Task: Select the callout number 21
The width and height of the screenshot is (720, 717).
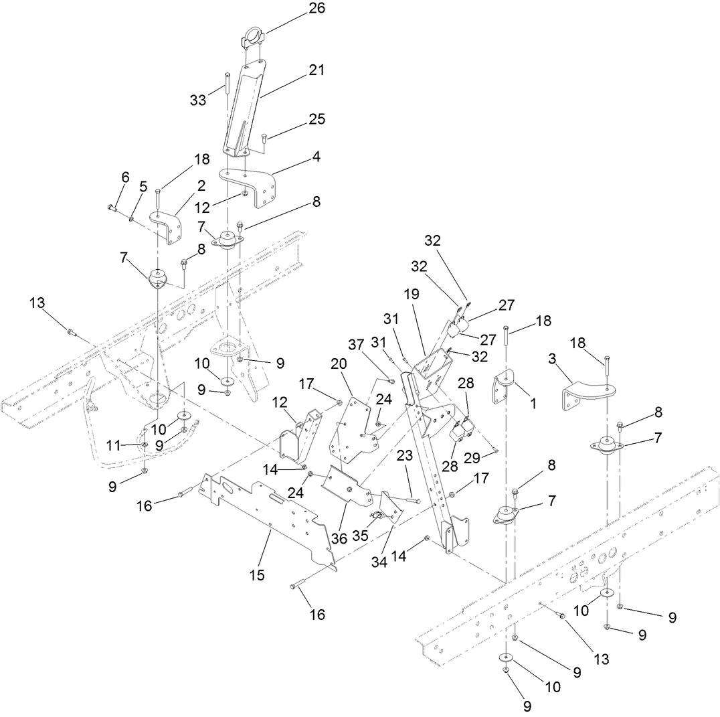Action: [x=317, y=69]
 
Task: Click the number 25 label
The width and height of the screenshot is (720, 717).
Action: [x=317, y=119]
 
